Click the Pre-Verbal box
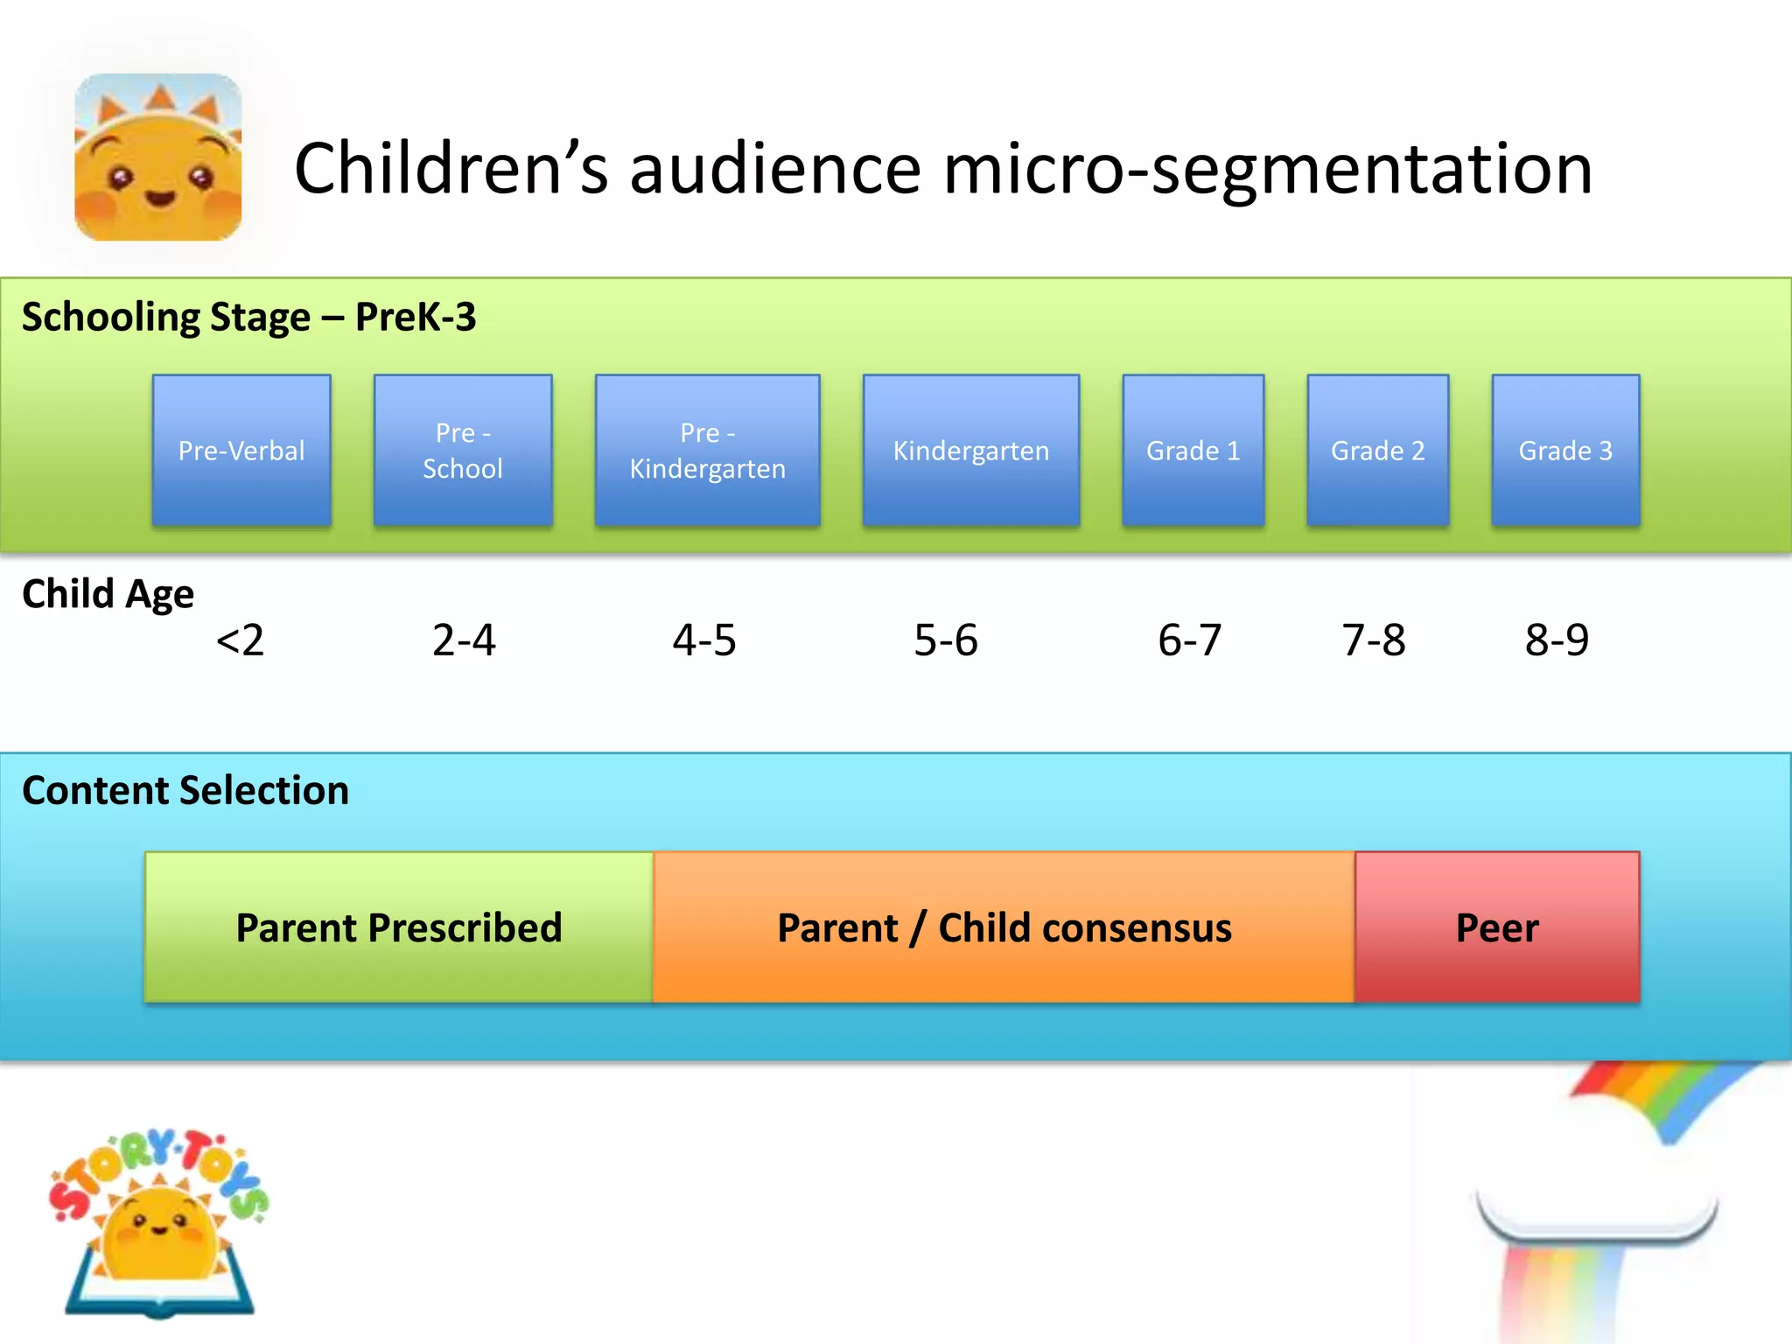241,451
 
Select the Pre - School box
463,451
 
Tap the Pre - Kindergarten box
707,451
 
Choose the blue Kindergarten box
970,451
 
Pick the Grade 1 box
1193,451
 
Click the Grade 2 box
1377,451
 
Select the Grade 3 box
1564,451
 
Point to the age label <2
240,640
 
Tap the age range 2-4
464,640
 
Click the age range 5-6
945,640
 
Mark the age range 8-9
1557,640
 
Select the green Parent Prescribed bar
399,927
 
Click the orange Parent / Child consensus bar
1004,927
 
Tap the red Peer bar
1496,927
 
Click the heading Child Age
108,594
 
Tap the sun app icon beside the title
158,157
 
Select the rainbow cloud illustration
1610,1207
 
